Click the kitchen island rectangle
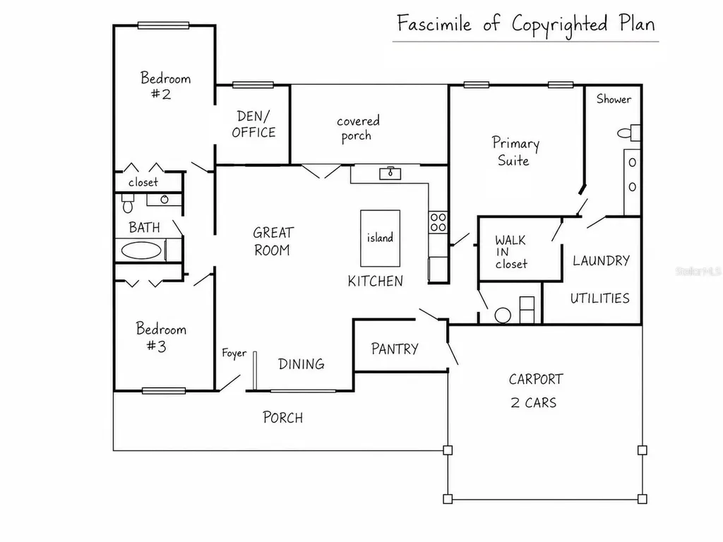(380, 239)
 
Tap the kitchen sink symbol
(390, 174)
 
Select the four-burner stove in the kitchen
(438, 222)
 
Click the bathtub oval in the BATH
(141, 251)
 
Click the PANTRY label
(395, 349)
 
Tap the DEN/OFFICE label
(253, 124)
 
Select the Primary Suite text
(515, 151)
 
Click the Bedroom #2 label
(165, 85)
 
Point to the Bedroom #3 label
(161, 337)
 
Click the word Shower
(614, 99)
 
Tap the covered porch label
(358, 128)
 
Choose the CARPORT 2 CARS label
(535, 390)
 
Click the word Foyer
(234, 354)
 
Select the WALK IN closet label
(511, 252)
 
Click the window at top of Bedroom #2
(163, 25)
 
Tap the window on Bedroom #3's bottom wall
(164, 391)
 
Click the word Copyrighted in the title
(559, 25)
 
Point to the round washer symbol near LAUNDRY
(503, 315)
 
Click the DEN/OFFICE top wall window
(253, 85)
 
